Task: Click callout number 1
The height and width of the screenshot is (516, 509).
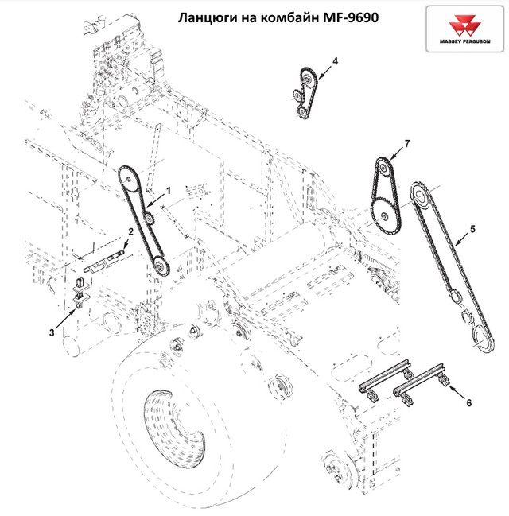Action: pyautogui.click(x=168, y=189)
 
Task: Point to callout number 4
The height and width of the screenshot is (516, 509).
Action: pyautogui.click(x=335, y=60)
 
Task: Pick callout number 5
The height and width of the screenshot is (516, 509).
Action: pyautogui.click(x=472, y=229)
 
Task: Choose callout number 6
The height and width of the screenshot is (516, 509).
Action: pyautogui.click(x=468, y=404)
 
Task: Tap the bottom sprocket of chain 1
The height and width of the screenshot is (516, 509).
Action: pyautogui.click(x=159, y=266)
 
